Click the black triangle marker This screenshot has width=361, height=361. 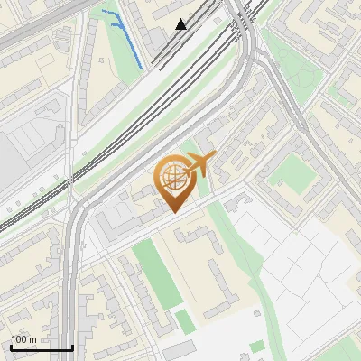(x=181, y=24)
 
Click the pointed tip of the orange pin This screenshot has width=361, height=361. (x=171, y=212)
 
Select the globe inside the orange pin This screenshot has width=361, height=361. (x=171, y=177)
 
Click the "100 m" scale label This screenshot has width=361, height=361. (x=23, y=339)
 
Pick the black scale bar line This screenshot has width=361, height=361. (x=42, y=348)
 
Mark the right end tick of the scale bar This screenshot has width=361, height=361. (x=72, y=346)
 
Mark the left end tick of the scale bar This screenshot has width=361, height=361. (x=11, y=346)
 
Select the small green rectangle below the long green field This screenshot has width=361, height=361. (x=185, y=320)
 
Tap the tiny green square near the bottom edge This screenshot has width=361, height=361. (x=257, y=346)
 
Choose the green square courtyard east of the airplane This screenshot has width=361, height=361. (x=291, y=172)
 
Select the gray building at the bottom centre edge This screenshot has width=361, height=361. (x=180, y=350)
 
